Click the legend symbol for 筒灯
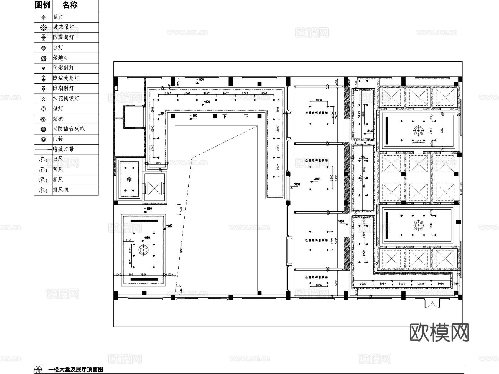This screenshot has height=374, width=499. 43,17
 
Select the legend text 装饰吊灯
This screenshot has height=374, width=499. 63,27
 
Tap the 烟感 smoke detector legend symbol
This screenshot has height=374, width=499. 43,119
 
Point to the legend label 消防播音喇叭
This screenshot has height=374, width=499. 68,129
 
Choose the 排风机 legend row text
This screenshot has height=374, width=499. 61,190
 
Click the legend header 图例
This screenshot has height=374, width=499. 43,5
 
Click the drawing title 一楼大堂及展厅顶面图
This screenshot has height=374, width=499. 76,369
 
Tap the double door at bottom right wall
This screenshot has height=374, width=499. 432,303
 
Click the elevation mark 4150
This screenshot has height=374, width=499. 317,179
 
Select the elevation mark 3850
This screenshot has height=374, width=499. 297,184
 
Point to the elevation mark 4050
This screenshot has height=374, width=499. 341,221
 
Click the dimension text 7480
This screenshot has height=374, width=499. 181,250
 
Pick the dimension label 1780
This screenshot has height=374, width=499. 157,163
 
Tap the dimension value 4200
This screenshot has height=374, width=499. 143,275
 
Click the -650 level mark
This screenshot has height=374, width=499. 169,226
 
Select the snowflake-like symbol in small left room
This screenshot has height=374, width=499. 129,179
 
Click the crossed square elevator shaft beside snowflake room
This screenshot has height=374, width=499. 154,189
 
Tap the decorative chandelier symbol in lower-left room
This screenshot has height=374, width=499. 143,250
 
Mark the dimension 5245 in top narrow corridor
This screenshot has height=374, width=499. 359,114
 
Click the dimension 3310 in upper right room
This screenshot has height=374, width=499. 442,130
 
